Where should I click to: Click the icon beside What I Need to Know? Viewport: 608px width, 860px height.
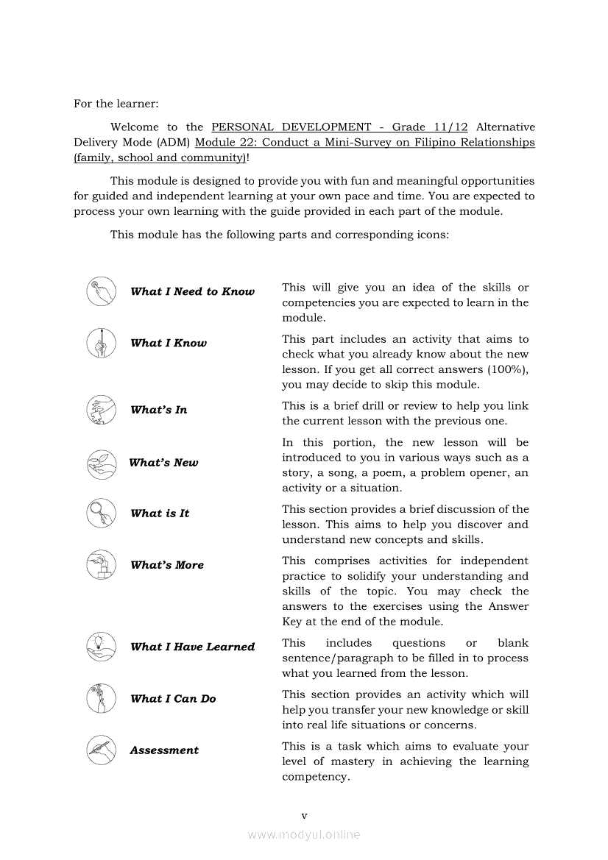[x=101, y=291]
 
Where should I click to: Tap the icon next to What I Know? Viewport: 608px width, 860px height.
[x=101, y=343]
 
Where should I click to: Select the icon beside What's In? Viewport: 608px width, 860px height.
[x=101, y=410]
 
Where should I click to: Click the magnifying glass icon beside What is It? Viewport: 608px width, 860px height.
[x=101, y=513]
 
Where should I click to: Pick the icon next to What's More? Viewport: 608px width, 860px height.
[x=101, y=565]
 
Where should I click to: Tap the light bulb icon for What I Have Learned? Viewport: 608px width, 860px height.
[x=101, y=647]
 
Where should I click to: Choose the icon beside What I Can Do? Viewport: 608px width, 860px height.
[x=101, y=698]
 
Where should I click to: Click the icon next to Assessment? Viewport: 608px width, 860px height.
[x=101, y=750]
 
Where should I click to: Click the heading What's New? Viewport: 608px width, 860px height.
[x=163, y=463]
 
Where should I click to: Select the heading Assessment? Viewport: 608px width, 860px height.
[x=164, y=750]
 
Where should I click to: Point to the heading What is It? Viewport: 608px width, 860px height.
[x=160, y=513]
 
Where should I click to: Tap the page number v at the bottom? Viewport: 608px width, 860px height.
[x=304, y=815]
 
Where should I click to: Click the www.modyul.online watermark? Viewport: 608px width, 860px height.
[x=304, y=834]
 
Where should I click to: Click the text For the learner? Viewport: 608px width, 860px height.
[x=116, y=104]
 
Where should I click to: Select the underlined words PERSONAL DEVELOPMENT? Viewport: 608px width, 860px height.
[x=291, y=127]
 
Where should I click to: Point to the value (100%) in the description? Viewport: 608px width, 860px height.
[x=503, y=369]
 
